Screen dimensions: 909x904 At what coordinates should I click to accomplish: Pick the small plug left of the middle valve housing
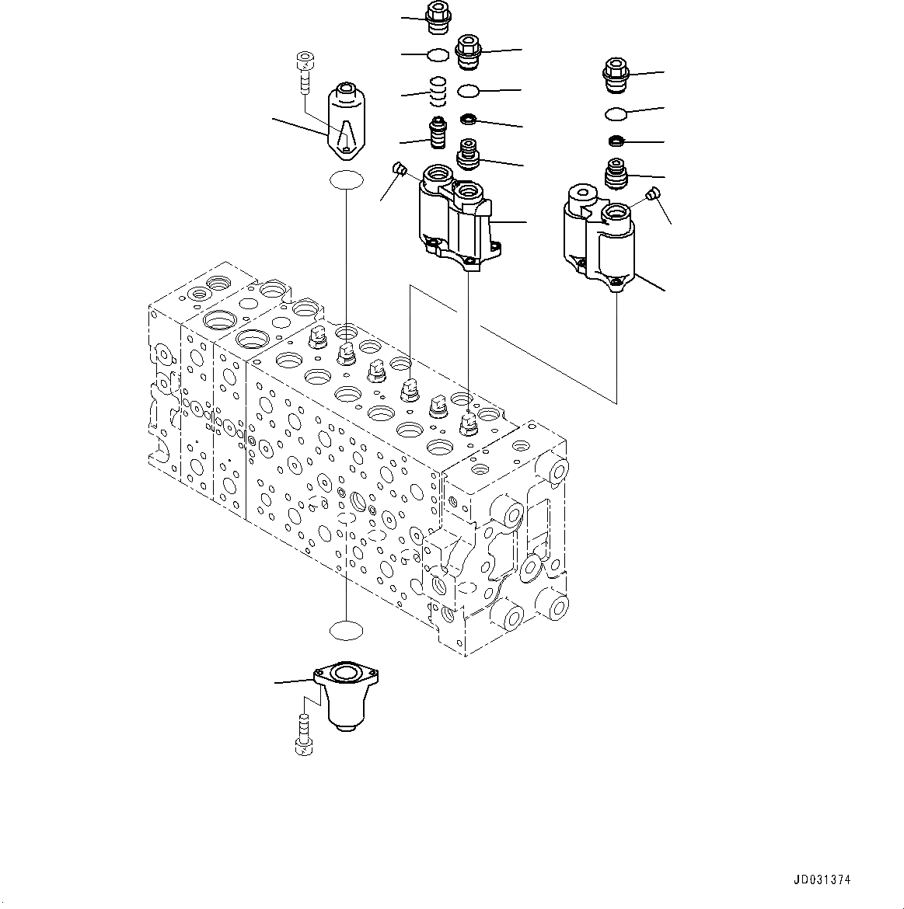click(400, 169)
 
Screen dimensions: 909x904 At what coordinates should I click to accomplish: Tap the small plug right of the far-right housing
click(653, 193)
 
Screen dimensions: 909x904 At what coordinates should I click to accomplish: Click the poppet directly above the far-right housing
click(616, 172)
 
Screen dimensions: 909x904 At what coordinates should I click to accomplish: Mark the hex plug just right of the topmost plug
click(469, 50)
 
